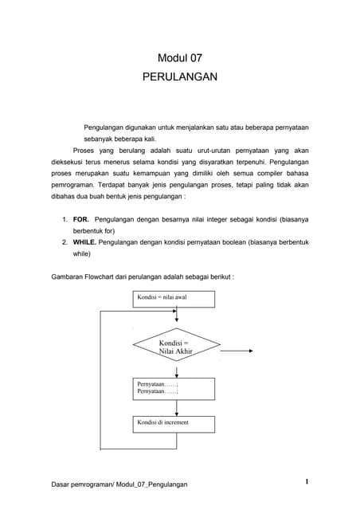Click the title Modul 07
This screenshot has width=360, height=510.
point(179,58)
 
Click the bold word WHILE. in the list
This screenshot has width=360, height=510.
point(86,240)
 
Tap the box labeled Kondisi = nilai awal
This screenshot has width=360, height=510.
point(173,299)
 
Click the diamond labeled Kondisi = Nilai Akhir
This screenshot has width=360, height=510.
point(174,347)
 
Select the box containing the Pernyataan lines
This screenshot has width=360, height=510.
point(173,388)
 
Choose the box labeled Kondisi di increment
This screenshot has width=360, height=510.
point(173,423)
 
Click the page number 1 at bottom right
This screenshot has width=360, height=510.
point(307,481)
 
